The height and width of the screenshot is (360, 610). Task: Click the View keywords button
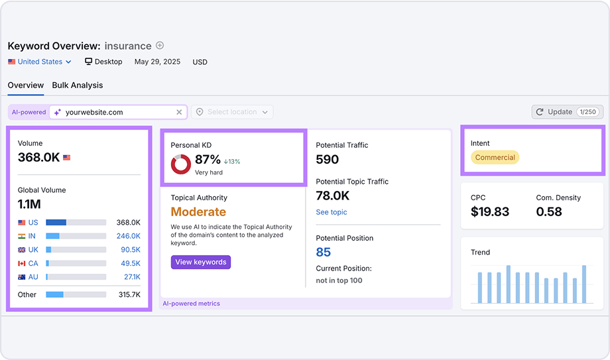tap(200, 262)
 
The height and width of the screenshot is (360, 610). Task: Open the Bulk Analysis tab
tap(78, 85)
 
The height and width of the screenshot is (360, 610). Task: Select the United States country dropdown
tap(40, 62)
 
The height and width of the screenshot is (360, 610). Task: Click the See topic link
tap(331, 212)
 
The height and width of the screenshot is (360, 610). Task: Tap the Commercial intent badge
tap(495, 158)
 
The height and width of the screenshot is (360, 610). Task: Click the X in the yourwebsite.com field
tap(179, 112)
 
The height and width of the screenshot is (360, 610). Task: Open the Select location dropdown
tap(232, 112)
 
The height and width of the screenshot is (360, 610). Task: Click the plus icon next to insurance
tap(160, 46)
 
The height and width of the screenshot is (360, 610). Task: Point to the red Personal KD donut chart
tap(181, 164)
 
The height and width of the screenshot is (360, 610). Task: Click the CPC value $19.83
tap(490, 212)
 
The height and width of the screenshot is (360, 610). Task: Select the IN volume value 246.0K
tap(128, 236)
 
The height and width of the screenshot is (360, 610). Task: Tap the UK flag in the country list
tap(22, 250)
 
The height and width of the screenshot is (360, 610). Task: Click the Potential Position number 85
tap(324, 252)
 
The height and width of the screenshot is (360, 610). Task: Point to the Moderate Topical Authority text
tap(198, 212)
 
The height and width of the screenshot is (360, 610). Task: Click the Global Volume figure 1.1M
tap(29, 204)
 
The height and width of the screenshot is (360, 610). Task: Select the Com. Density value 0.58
tap(549, 212)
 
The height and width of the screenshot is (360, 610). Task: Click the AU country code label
tap(33, 277)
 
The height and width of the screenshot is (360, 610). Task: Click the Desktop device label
tap(103, 62)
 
